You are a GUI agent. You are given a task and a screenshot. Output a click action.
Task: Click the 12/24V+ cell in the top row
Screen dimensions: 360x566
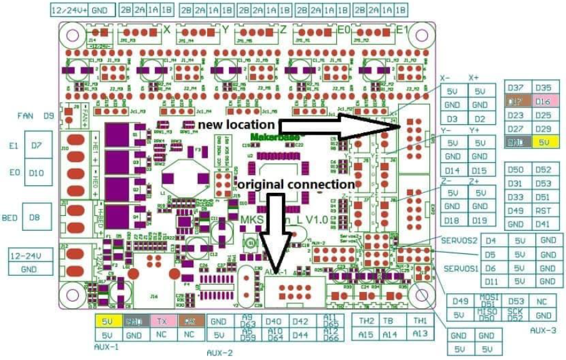tap(69, 11)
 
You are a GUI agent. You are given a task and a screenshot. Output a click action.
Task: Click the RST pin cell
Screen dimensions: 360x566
tap(543, 211)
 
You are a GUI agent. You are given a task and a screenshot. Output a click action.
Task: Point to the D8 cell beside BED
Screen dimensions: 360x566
tap(36, 218)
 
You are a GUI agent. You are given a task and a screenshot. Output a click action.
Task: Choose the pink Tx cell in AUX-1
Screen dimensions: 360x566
tap(162, 321)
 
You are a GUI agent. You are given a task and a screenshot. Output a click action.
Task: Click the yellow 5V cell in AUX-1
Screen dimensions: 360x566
tap(107, 321)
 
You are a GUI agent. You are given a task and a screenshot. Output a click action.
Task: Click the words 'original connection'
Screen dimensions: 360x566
tap(296, 185)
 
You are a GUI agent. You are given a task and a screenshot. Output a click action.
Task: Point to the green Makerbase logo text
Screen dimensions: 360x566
tap(275, 137)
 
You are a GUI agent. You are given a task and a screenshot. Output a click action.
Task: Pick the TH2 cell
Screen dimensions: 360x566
tap(366, 321)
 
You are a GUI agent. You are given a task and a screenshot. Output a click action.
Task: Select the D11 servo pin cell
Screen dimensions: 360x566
tap(490, 281)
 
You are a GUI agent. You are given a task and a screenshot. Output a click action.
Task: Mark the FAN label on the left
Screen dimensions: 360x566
tap(26, 115)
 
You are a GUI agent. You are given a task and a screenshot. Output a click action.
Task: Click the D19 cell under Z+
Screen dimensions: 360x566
tap(479, 220)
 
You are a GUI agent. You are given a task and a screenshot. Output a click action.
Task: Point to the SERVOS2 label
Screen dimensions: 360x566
tap(459, 240)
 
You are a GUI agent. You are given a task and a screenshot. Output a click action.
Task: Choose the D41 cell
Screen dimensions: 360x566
tap(543, 225)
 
